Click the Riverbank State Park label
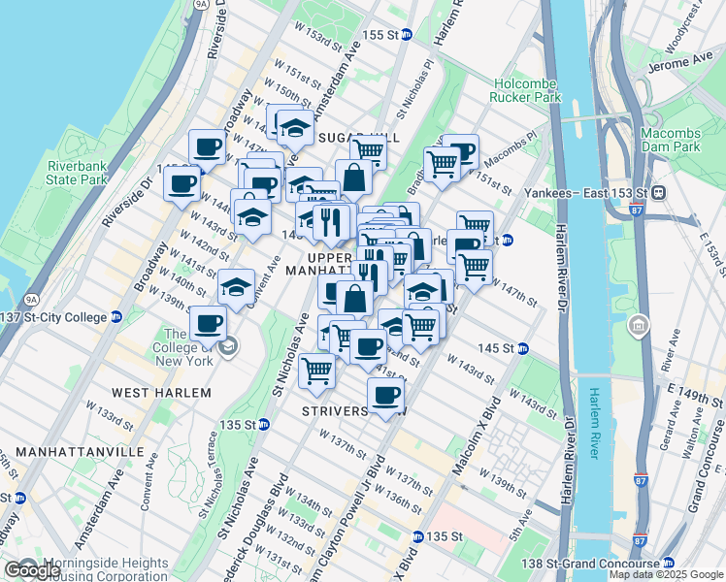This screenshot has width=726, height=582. tap(77, 173)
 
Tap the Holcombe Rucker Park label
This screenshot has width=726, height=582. tap(527, 90)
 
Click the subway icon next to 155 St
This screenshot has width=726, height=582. tap(406, 34)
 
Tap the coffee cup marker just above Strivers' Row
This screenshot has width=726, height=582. tap(385, 395)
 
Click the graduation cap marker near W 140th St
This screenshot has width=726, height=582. tap(236, 286)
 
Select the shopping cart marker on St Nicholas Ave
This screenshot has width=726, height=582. tap(316, 370)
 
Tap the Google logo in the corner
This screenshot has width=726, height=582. tap(33, 570)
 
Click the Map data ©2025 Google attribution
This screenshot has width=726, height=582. tap(666, 574)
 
